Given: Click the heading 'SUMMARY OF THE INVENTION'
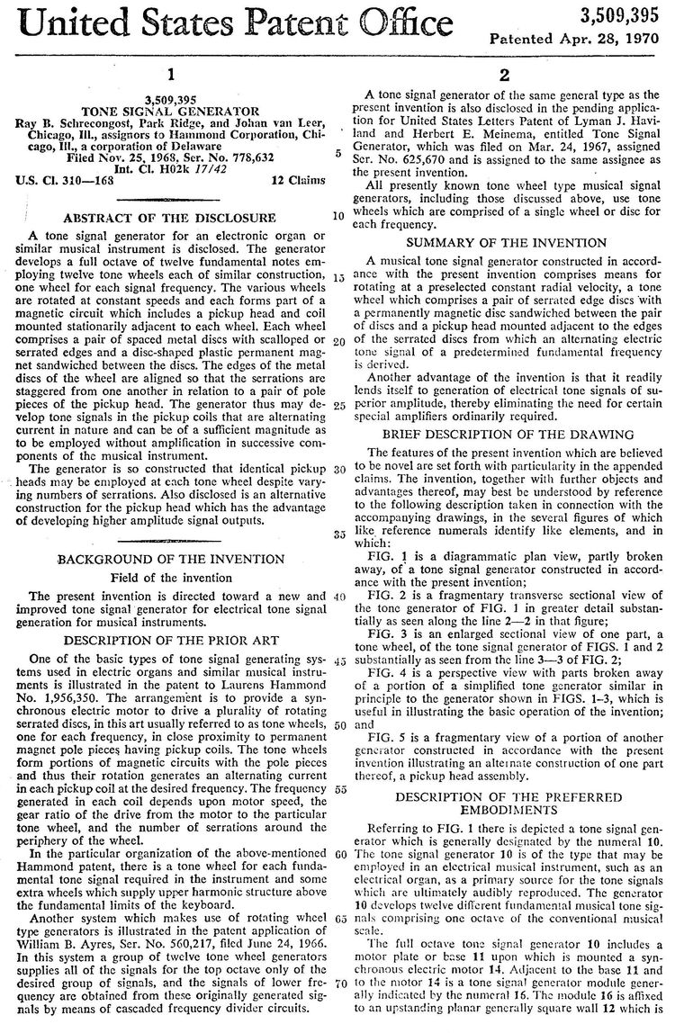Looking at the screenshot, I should [507, 243].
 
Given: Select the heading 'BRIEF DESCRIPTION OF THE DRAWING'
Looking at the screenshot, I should [507, 435].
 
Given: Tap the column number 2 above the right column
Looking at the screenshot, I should [506, 76].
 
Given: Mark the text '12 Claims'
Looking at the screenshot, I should [298, 180].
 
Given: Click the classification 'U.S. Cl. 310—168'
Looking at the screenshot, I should [61, 180].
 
